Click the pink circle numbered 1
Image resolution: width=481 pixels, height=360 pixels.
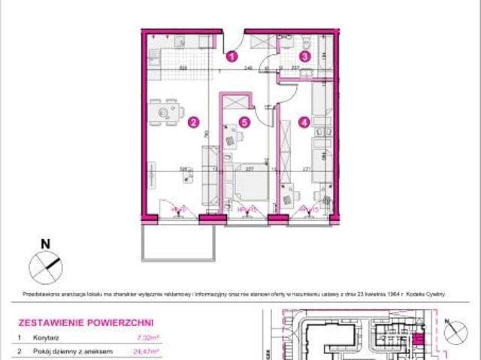point(232,55)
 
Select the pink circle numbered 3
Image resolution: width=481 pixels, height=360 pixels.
point(304,55)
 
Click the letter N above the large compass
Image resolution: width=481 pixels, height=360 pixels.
point(44,243)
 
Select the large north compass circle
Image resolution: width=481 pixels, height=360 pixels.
point(44,265)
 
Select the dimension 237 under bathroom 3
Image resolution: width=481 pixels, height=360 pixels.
point(296,67)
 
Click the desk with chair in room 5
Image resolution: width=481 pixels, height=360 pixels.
point(232,138)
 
